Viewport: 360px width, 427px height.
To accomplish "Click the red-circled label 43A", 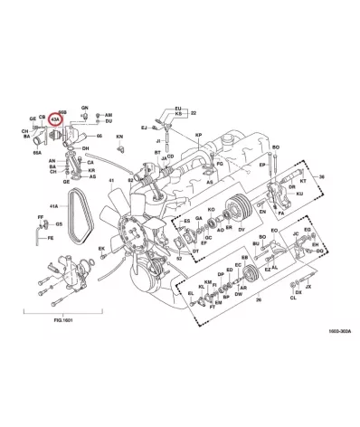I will coord(56,118).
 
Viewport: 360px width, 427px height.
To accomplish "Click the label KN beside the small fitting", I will coord(118,137).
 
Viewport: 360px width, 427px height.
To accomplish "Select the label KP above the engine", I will coord(198,134).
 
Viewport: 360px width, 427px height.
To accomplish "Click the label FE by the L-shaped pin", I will coord(51,237).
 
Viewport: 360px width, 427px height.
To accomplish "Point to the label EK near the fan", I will coord(101,248).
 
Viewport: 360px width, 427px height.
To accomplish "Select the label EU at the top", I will coord(178,108).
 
